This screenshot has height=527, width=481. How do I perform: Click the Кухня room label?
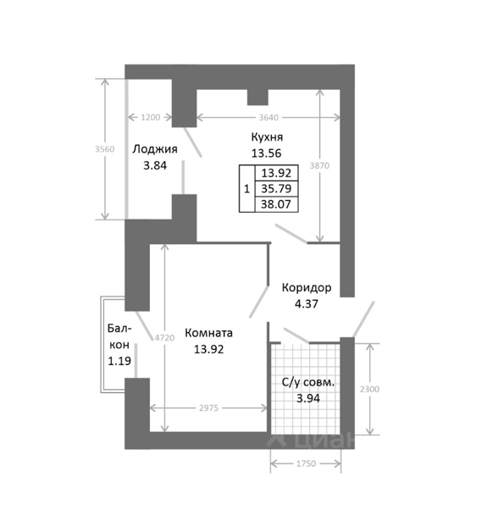267,137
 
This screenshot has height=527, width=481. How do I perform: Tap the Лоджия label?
154,149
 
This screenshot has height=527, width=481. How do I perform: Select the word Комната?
208,333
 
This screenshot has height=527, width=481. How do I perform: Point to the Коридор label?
307,288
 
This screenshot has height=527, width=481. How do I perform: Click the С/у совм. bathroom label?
308,382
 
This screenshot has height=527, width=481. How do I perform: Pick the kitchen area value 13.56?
267,153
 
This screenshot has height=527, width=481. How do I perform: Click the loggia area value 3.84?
155,166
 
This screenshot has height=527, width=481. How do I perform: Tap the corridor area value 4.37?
307,304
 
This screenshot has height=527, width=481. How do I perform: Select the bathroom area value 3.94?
308,398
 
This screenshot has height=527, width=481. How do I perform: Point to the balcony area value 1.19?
119,361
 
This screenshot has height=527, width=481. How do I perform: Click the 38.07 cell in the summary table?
276,204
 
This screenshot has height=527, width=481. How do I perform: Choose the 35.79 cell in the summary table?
276,189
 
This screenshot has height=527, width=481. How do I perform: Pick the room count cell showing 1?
247,189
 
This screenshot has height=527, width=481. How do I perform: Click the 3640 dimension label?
268,118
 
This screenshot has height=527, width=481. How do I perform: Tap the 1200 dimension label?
151,118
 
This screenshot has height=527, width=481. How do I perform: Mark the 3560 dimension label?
105,149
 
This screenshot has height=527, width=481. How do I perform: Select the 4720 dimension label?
164,338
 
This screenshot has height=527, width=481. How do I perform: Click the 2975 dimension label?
208,408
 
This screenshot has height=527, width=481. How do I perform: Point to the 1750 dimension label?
306,463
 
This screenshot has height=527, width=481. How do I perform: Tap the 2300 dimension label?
369,389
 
